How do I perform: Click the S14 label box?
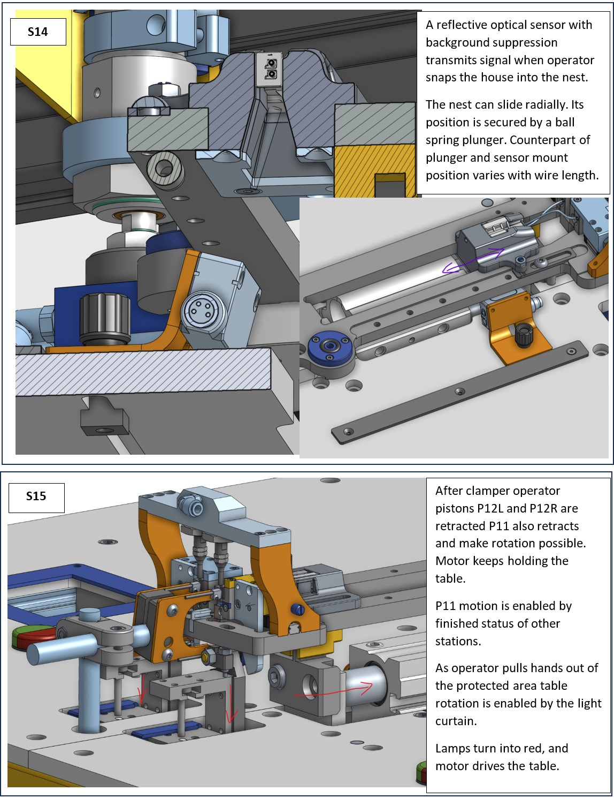37,32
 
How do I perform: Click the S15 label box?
36,496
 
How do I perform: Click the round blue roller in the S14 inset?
331,348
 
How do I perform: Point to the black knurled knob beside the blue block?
105,319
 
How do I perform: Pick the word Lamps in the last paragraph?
452,748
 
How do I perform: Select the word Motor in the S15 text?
452,561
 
